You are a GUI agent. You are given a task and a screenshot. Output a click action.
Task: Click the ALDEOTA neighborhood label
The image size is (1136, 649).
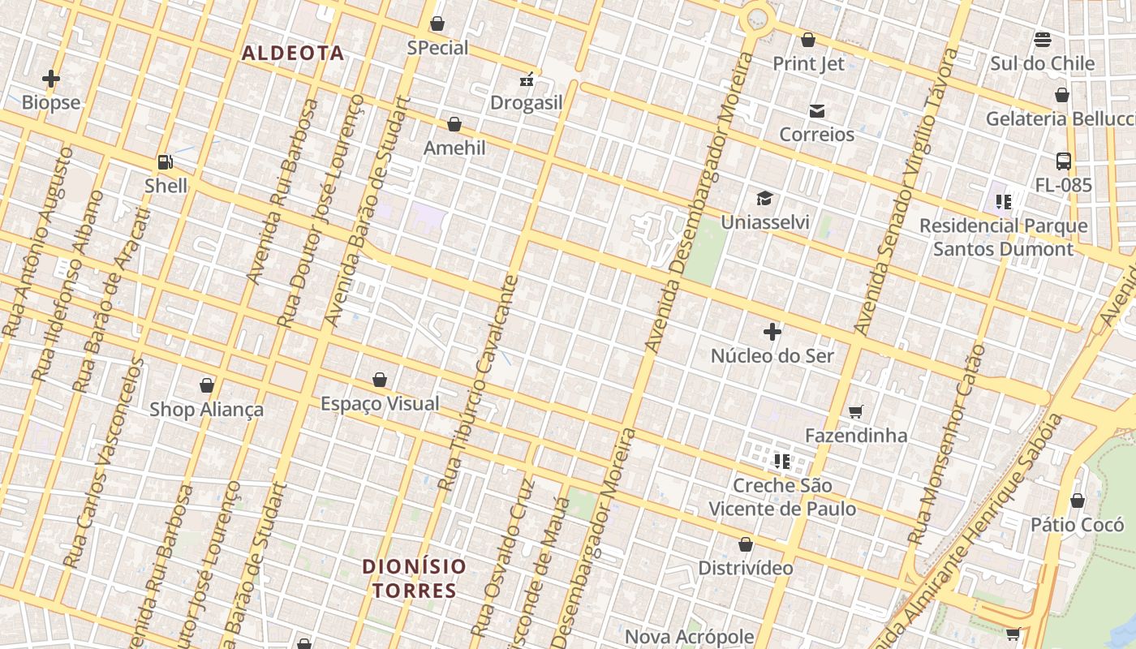(293, 54)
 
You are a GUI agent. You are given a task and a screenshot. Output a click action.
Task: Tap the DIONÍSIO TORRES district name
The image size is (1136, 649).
(415, 578)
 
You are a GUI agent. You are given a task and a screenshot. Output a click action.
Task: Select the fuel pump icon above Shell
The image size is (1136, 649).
(165, 162)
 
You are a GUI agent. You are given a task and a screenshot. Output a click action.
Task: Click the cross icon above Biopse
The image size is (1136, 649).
(51, 79)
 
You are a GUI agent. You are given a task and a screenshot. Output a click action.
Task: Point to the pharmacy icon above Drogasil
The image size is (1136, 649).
(527, 80)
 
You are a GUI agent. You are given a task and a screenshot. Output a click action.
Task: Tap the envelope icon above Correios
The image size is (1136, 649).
(816, 111)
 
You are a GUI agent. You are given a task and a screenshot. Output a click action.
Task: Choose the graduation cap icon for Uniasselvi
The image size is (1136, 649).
(764, 198)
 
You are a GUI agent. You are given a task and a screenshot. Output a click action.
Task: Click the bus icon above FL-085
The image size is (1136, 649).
(1063, 161)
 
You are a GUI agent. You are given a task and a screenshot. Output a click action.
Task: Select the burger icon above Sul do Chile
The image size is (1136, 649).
(1042, 40)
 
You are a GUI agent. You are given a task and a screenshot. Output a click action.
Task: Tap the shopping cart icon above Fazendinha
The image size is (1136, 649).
(855, 412)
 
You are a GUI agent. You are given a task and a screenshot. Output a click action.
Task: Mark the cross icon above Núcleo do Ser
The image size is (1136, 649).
(772, 332)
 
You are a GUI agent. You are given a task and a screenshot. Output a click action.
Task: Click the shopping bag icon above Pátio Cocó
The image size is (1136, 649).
(1077, 501)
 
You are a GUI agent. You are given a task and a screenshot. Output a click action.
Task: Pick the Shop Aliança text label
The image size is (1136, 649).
(206, 409)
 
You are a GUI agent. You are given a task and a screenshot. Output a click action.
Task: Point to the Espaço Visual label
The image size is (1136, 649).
(380, 403)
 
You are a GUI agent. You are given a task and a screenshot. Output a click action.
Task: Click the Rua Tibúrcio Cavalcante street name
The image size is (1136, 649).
(478, 383)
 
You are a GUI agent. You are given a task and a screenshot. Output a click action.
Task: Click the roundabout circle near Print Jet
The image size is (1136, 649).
(758, 18)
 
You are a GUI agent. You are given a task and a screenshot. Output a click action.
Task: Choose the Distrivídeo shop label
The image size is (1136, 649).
(746, 568)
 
